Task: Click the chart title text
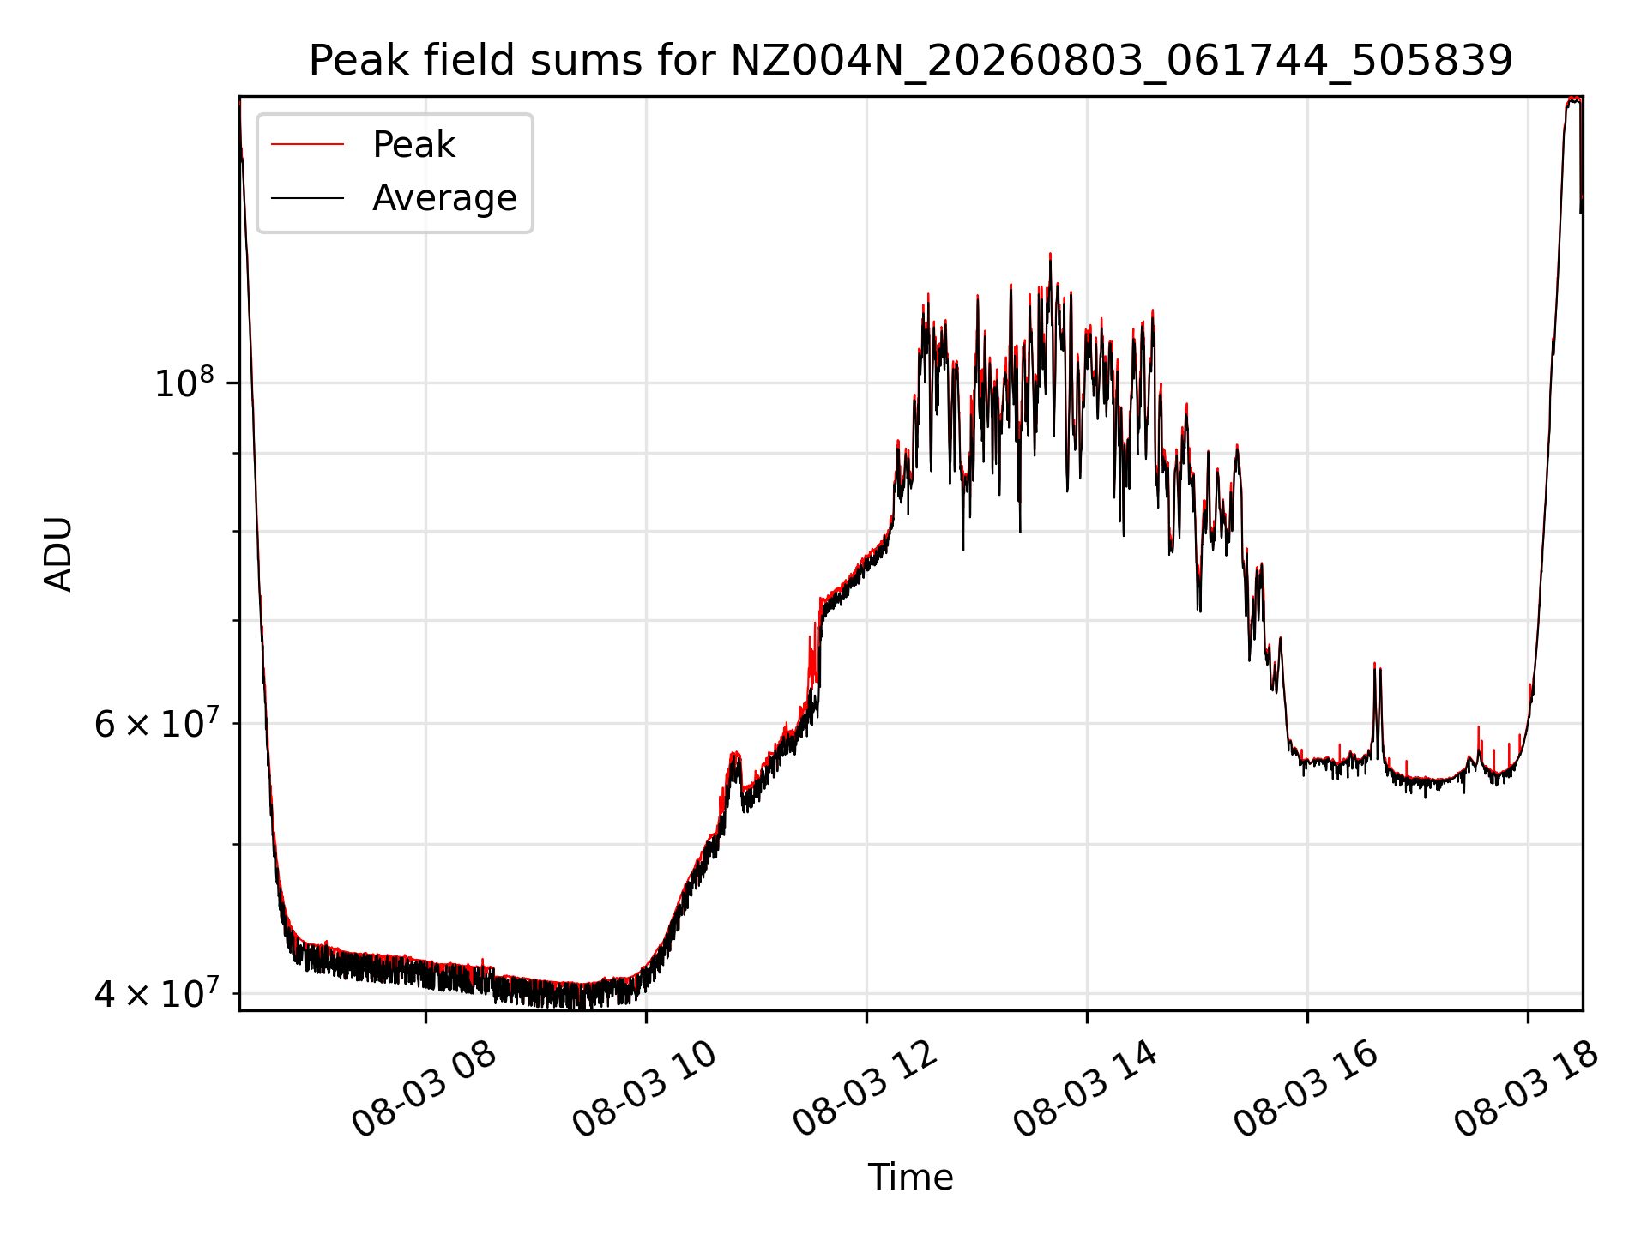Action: [x=910, y=61]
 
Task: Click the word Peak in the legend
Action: [x=413, y=145]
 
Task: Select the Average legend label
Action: [x=444, y=198]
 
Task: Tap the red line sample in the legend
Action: [x=307, y=145]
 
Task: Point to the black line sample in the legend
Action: [x=307, y=198]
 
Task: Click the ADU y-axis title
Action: [x=58, y=553]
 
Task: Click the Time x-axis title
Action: [x=910, y=1178]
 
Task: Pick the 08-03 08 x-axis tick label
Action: [x=425, y=1090]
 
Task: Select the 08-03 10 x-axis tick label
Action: [x=645, y=1090]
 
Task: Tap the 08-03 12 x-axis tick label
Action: [x=866, y=1090]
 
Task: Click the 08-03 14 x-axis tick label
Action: [x=1086, y=1090]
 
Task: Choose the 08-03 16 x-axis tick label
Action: [x=1306, y=1090]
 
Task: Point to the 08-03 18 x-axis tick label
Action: [x=1527, y=1090]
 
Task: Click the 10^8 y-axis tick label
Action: [x=184, y=382]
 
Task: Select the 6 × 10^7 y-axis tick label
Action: [x=154, y=723]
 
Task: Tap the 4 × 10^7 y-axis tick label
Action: [x=154, y=992]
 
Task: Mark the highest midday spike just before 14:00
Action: [x=1050, y=256]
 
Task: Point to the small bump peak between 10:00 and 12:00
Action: [x=734, y=755]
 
